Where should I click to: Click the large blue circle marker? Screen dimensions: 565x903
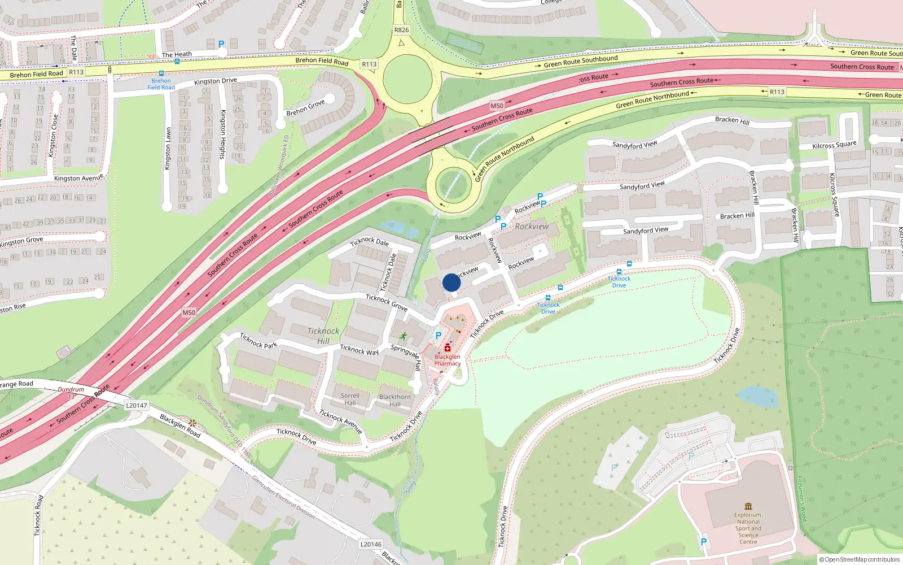(x=451, y=282)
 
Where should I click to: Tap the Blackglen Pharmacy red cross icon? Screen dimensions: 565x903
(x=448, y=347)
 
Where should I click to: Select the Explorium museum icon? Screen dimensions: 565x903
(x=748, y=506)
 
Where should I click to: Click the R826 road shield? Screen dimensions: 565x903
(x=401, y=30)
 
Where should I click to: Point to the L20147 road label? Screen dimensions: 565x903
(x=137, y=405)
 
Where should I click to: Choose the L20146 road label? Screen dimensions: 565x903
(x=371, y=544)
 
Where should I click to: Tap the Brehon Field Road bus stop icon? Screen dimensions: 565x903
(x=161, y=73)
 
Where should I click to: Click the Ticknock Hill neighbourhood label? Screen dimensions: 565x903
(x=323, y=336)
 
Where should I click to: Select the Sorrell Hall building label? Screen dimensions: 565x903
(x=350, y=399)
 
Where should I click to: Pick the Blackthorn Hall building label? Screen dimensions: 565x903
(x=395, y=400)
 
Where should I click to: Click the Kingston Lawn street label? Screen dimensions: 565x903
(x=168, y=148)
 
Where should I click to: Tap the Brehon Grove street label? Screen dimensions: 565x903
(x=305, y=108)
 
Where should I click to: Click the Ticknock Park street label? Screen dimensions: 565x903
(x=258, y=341)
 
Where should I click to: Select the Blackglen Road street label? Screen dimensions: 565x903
(x=180, y=425)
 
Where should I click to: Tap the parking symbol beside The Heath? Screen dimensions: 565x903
(x=221, y=44)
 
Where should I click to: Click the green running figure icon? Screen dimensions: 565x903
(x=403, y=336)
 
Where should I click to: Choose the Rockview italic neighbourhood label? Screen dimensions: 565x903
(x=531, y=227)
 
